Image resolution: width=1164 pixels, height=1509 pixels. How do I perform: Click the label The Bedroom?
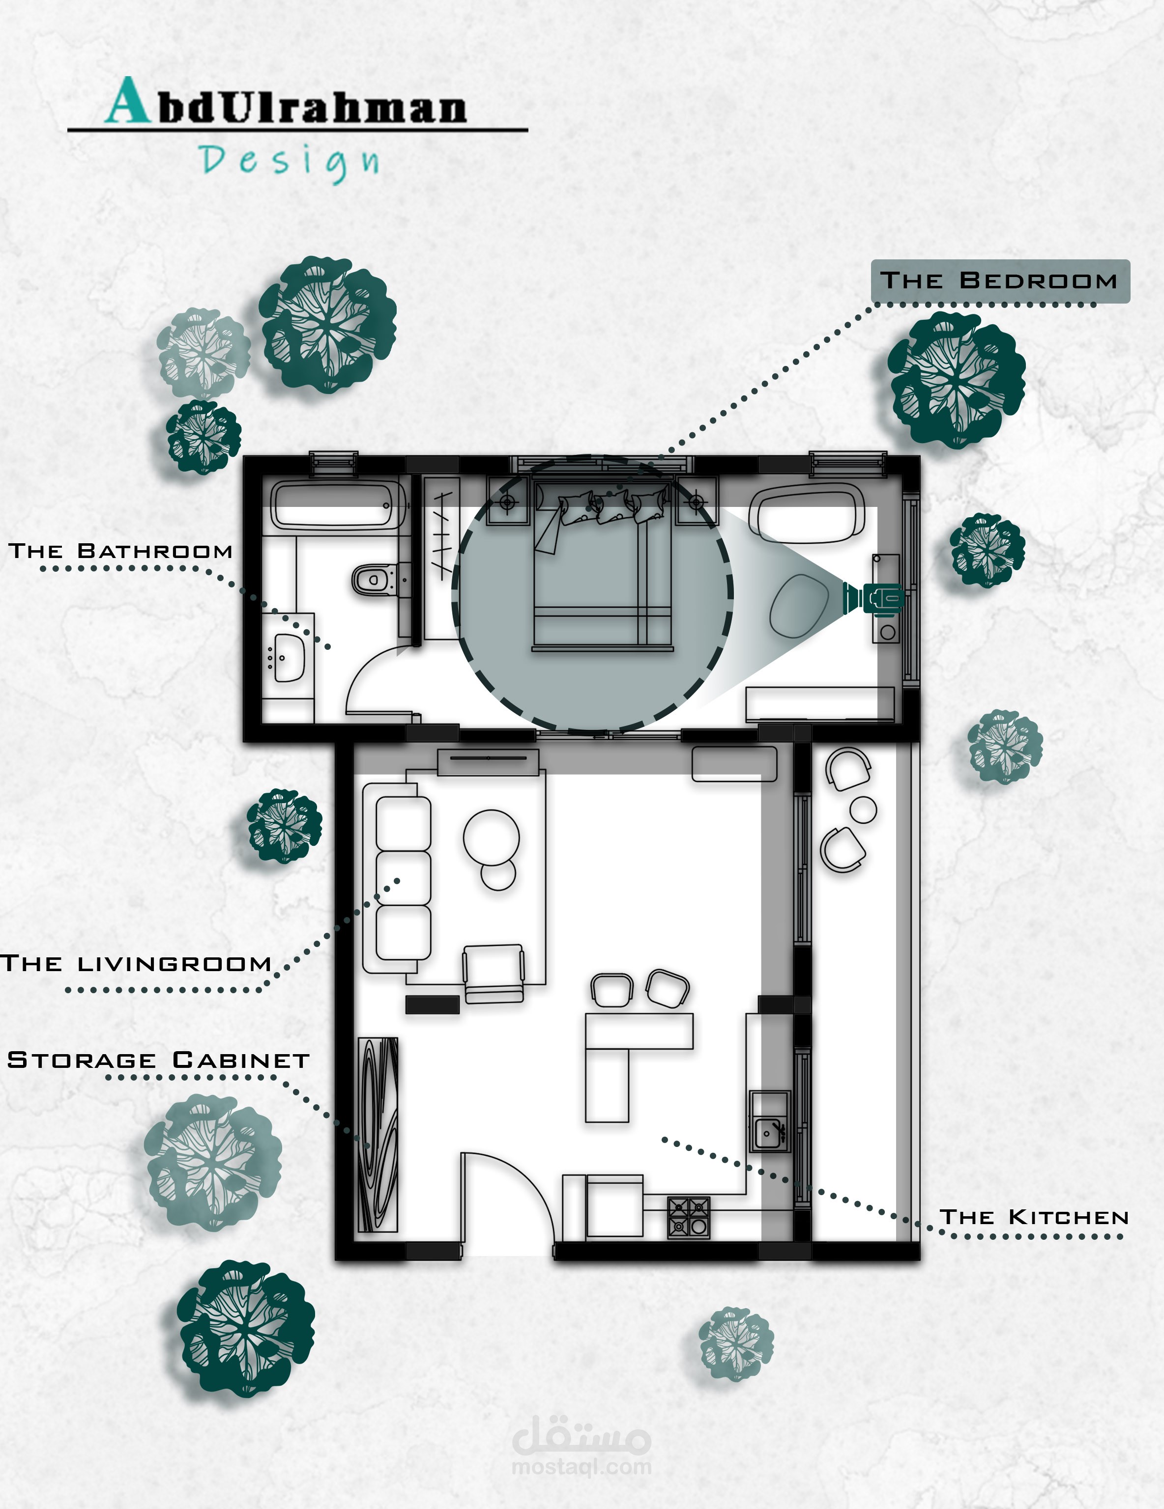click(999, 280)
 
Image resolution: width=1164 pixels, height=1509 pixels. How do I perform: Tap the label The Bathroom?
click(121, 551)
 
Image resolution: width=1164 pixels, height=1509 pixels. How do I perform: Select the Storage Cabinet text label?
click(158, 1060)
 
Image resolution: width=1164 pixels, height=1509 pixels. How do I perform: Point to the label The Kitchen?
click(1034, 1217)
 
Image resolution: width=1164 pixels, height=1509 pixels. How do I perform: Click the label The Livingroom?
click(136, 963)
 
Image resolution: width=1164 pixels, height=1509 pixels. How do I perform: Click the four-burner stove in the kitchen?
click(689, 1217)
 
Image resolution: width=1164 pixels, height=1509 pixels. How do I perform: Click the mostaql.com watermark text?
click(582, 1466)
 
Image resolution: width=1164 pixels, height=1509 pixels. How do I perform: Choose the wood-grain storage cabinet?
click(378, 1135)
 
